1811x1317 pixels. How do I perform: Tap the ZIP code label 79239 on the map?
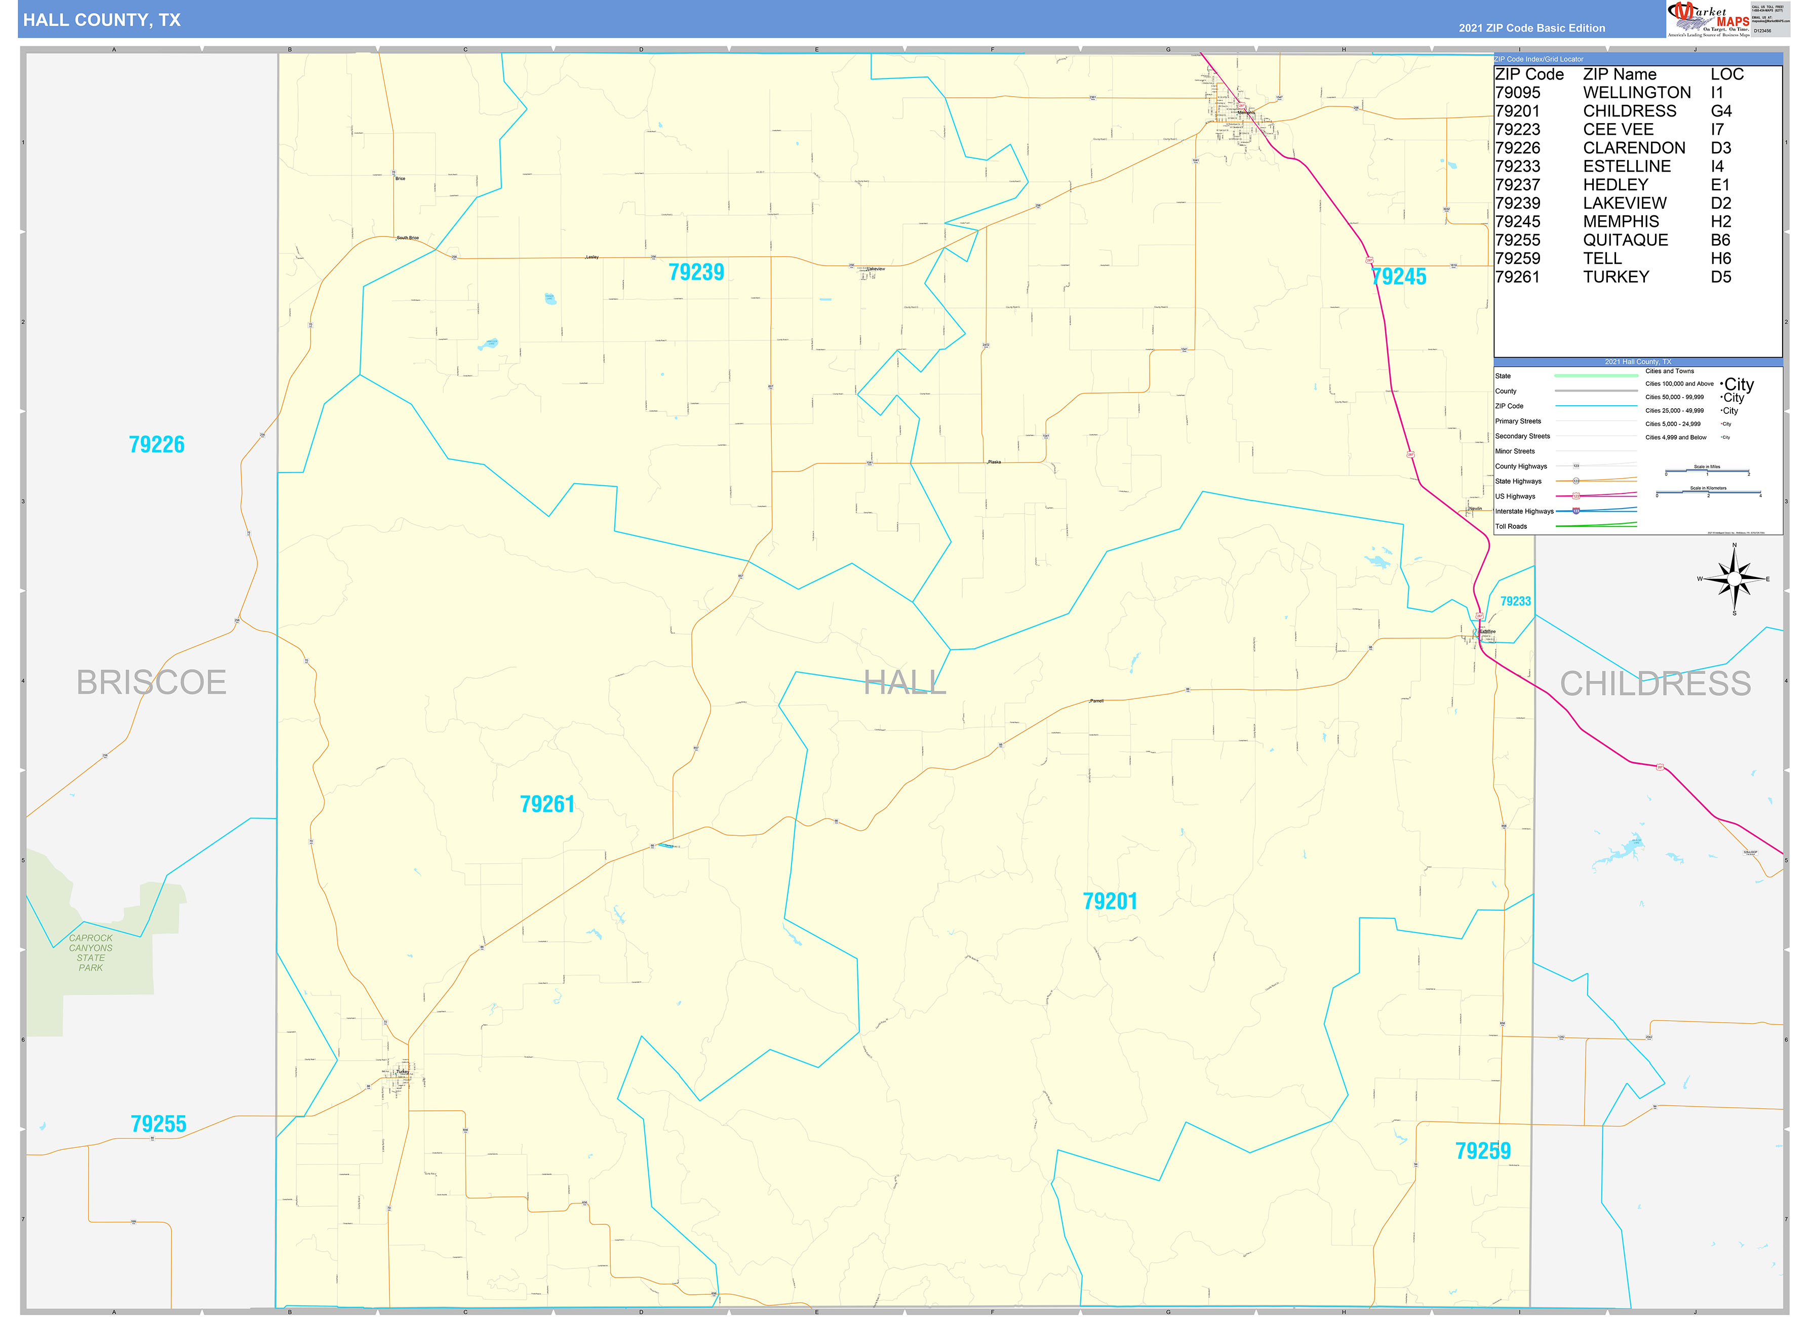point(696,273)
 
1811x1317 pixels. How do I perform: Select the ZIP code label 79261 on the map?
point(547,804)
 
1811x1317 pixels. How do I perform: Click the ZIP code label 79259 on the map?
point(1483,1151)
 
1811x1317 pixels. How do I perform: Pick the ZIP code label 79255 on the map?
point(158,1124)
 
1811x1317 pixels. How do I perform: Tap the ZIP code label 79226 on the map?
point(156,444)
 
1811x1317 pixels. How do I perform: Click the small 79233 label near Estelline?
point(1515,601)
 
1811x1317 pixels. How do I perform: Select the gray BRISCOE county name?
point(152,683)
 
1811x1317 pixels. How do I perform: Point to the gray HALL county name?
point(904,683)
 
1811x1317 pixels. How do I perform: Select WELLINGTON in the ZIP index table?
point(1637,93)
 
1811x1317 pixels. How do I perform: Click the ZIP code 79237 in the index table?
point(1517,184)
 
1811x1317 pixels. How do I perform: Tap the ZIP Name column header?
point(1620,74)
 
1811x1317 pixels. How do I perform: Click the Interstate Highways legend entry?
point(1523,511)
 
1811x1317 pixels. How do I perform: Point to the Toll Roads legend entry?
point(1511,526)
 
